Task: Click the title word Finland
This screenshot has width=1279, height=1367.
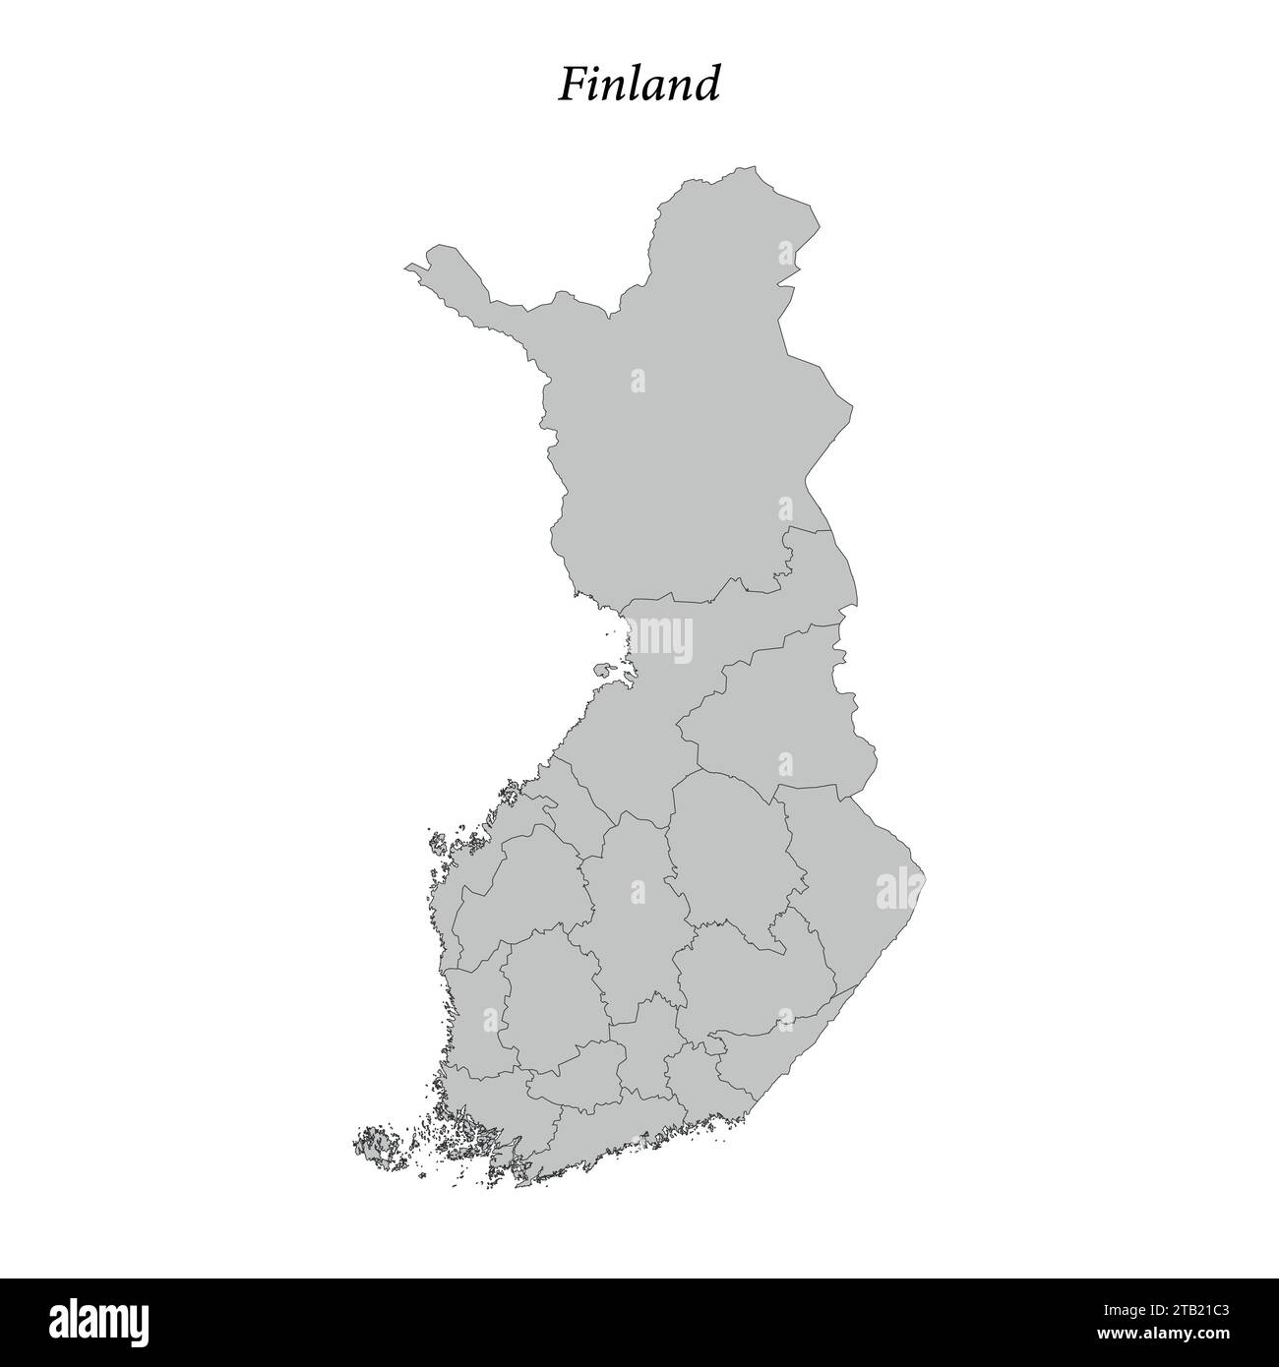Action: (639, 85)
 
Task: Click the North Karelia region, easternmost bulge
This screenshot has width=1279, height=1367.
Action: (846, 865)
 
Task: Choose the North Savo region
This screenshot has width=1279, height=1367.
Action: (728, 846)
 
